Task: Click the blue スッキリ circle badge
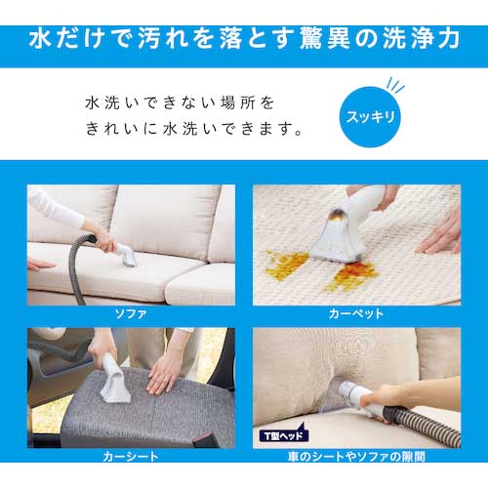pos(370,117)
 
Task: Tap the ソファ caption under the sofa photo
pos(131,314)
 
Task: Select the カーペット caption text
pos(356,314)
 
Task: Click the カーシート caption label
pos(131,457)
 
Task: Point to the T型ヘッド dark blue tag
pos(284,434)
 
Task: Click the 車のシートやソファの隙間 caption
pos(356,457)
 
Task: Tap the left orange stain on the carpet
pos(286,264)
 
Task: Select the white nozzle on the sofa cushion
pos(127,256)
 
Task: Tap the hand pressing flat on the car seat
pos(163,374)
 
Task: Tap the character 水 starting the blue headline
pos(41,38)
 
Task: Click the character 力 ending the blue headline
pos(447,38)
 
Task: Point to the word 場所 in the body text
pos(237,103)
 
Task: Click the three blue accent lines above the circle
pos(394,85)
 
